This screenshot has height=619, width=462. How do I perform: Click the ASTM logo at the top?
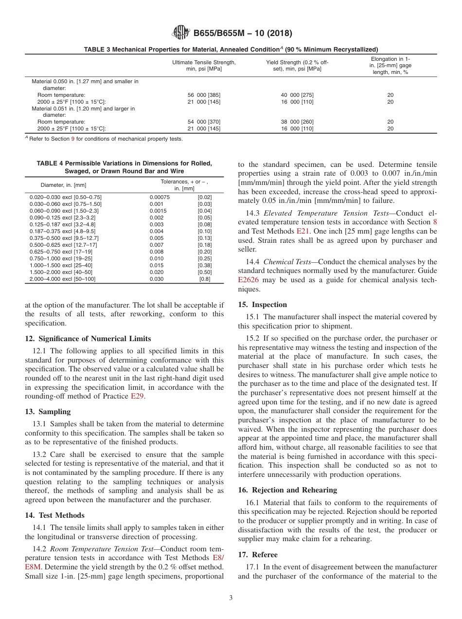[181, 34]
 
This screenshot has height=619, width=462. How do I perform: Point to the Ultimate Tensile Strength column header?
[204, 66]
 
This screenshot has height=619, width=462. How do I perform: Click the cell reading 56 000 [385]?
[204, 95]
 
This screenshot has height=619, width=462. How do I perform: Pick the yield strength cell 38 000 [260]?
[297, 122]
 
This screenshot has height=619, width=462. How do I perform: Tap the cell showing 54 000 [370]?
[204, 122]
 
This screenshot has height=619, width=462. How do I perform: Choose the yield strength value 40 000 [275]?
[297, 95]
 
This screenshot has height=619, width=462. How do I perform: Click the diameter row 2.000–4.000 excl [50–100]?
[63, 279]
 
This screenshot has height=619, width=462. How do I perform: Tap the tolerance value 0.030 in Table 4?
[157, 279]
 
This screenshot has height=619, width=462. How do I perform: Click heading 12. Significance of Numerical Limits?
[88, 339]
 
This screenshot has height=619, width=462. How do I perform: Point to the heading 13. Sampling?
[48, 411]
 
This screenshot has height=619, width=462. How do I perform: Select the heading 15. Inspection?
[262, 305]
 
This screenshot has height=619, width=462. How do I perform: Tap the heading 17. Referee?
[258, 555]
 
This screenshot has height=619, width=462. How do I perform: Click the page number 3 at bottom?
[231, 598]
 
